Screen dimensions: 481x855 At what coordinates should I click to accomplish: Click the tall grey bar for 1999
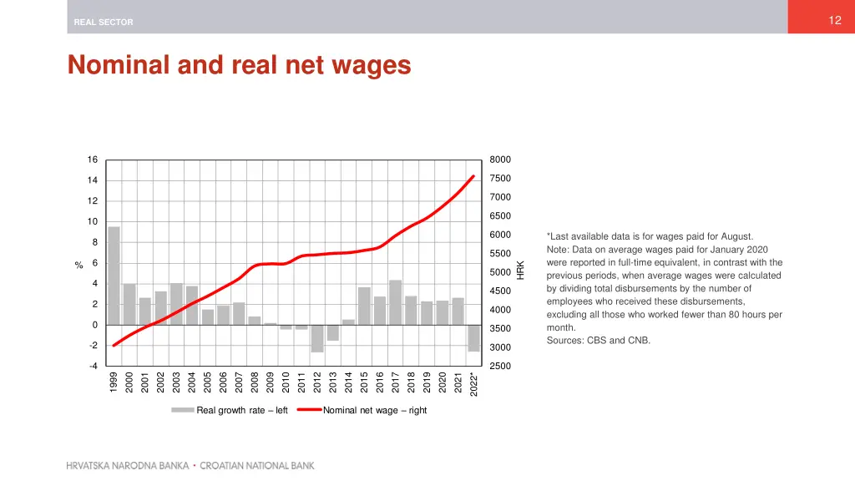[x=114, y=276]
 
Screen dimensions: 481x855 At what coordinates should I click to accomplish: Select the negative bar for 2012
[x=317, y=338]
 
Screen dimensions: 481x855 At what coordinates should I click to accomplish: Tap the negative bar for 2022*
[x=473, y=338]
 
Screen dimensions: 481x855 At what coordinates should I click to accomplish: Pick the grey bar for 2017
[x=395, y=302]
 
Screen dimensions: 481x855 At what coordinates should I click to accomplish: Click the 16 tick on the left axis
[x=93, y=159]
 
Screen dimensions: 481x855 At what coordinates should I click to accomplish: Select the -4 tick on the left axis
[x=93, y=366]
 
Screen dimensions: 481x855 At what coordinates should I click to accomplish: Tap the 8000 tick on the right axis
[x=500, y=159]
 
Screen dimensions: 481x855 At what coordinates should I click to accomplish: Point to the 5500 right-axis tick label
[x=500, y=253]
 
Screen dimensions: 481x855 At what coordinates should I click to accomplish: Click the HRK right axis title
[x=521, y=270]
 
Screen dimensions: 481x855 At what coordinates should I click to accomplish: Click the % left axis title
[x=78, y=266]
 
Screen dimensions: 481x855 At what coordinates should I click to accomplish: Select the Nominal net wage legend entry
[x=374, y=410]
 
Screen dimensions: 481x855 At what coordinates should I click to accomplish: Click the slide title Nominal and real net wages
[x=240, y=64]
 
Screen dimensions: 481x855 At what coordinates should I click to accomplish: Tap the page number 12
[x=834, y=20]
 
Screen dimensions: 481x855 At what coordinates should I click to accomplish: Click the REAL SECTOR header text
[x=104, y=23]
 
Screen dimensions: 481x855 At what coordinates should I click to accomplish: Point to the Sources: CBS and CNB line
[x=598, y=341]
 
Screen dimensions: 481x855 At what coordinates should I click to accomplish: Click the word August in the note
[x=736, y=236]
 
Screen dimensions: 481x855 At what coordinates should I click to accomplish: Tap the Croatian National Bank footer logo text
[x=190, y=466]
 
